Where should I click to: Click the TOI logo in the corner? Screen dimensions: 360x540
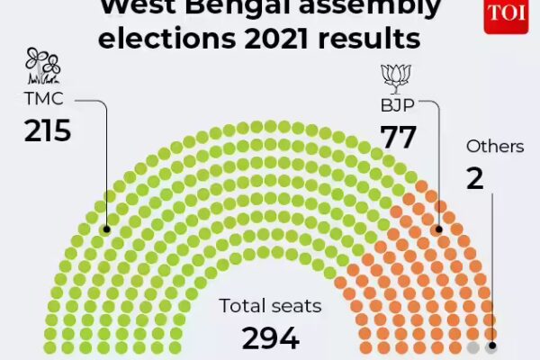click(x=505, y=15)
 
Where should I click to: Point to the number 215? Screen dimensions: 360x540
click(x=47, y=131)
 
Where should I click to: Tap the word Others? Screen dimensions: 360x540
click(x=494, y=146)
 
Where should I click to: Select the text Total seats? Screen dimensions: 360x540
click(x=270, y=306)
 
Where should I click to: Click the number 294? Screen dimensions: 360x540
click(x=270, y=338)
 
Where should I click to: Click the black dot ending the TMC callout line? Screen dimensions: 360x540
click(x=106, y=229)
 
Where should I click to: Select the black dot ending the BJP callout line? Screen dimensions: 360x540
click(x=439, y=229)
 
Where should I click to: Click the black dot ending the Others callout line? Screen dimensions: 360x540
click(x=491, y=346)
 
